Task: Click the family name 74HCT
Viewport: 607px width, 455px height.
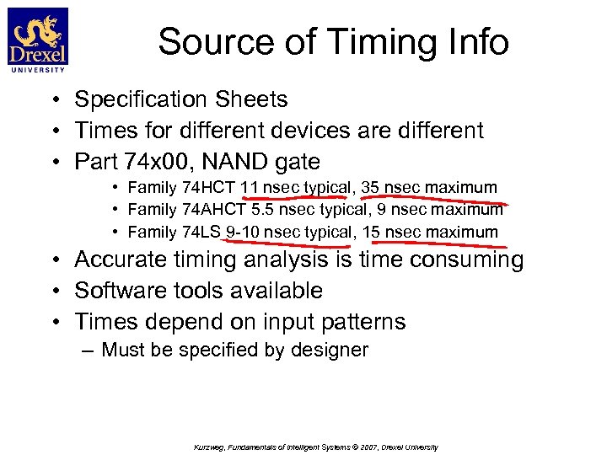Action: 207,187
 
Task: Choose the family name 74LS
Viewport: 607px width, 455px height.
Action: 201,232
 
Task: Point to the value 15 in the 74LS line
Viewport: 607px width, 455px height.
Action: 372,232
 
